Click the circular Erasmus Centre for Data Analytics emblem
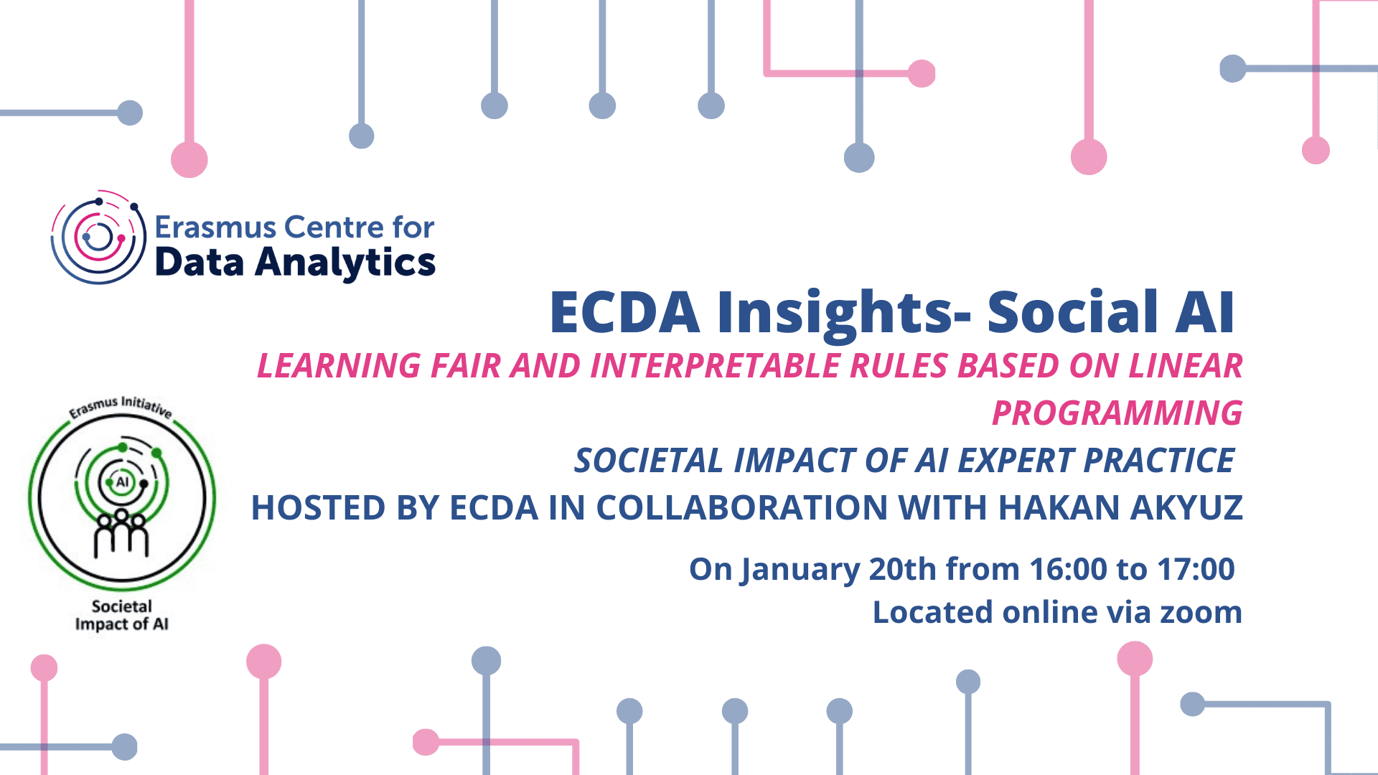click(98, 237)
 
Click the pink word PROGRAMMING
click(1117, 413)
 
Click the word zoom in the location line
click(1201, 613)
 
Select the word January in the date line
click(800, 570)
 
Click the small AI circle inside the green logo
click(122, 482)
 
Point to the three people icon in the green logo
click(121, 533)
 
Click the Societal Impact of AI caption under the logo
click(122, 615)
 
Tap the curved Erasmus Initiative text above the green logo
click(121, 406)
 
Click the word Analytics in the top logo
click(345, 263)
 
